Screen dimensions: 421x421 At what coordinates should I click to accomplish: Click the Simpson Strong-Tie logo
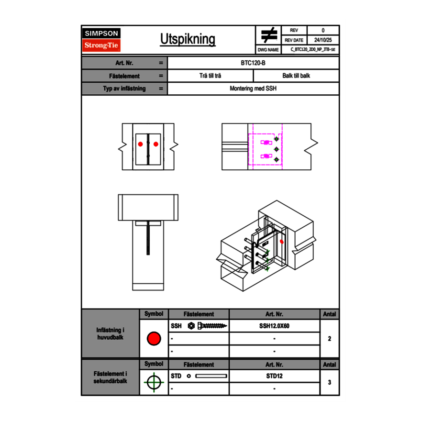click(101, 40)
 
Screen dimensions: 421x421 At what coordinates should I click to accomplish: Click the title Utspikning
click(188, 39)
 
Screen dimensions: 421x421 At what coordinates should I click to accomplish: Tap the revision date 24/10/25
click(323, 40)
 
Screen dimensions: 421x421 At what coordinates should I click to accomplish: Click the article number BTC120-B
click(254, 63)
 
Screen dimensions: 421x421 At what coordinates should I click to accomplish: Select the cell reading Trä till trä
click(210, 76)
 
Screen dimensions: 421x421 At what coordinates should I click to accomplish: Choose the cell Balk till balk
click(296, 76)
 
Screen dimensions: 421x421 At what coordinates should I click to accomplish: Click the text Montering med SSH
click(253, 89)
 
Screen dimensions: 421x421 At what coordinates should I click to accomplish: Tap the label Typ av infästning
click(124, 89)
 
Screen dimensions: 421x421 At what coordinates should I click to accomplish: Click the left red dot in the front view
click(140, 144)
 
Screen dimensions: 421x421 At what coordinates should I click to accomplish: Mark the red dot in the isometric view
click(281, 242)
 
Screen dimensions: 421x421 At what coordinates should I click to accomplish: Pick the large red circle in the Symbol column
click(154, 339)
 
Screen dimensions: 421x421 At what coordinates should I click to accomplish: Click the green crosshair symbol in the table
click(154, 382)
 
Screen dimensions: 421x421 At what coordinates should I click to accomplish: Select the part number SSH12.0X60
click(274, 326)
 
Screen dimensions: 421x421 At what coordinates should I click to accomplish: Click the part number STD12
click(274, 376)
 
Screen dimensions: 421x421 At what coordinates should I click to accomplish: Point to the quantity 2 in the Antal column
click(329, 339)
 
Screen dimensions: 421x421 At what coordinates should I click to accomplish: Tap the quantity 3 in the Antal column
click(329, 382)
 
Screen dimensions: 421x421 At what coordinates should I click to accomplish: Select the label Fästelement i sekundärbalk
click(111, 377)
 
